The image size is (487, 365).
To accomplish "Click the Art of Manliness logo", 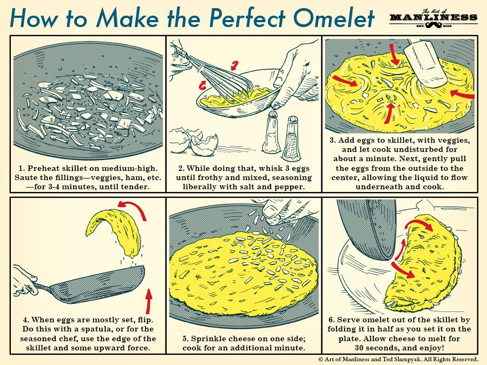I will pyautogui.click(x=433, y=17).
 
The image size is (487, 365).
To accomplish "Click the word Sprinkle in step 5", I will pyautogui.click(x=213, y=339).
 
